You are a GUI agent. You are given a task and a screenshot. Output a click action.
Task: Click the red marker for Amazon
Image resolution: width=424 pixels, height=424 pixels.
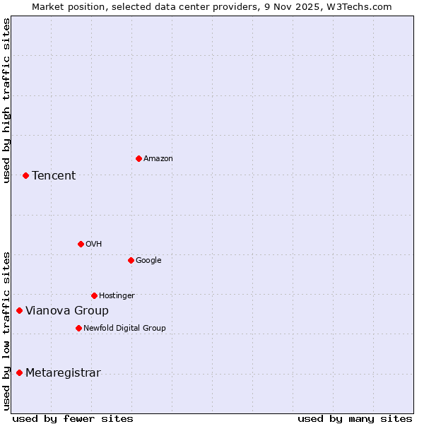(x=139, y=158)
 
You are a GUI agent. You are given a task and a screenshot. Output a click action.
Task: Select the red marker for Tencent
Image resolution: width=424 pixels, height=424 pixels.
(x=25, y=175)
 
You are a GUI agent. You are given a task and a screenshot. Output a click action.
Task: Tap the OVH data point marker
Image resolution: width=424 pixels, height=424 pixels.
(x=81, y=244)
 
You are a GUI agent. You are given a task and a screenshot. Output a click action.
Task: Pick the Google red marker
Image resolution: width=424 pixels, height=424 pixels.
(x=131, y=260)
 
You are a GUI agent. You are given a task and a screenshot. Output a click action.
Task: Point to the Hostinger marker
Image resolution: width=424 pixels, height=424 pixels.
(x=94, y=295)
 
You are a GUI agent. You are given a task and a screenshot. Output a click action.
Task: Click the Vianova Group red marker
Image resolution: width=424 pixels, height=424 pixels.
(x=19, y=310)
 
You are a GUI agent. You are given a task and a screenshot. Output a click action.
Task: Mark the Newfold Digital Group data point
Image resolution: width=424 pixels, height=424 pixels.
(x=78, y=328)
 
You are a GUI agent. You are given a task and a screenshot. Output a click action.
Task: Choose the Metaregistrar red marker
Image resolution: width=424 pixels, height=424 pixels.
(x=19, y=372)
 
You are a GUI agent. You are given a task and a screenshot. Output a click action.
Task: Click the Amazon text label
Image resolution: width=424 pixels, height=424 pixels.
(x=158, y=159)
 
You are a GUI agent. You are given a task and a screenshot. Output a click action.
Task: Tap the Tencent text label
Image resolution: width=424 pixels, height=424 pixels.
(x=54, y=176)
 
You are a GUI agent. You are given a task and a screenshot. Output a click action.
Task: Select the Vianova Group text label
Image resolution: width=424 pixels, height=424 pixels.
(x=67, y=311)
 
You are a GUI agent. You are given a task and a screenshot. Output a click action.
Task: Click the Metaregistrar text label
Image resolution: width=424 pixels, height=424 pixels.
(x=63, y=373)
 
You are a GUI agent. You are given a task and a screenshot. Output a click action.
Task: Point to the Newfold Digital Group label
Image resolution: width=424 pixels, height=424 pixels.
(x=124, y=328)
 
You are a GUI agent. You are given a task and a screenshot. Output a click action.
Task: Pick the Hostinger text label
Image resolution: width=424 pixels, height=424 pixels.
(x=117, y=295)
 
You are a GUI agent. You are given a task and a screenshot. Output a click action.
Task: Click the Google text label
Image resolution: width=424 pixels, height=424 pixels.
(x=148, y=261)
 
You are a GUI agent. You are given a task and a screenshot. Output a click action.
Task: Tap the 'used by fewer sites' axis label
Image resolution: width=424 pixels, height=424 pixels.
(x=73, y=418)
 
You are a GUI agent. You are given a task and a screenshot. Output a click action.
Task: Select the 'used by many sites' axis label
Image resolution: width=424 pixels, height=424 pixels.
(x=355, y=418)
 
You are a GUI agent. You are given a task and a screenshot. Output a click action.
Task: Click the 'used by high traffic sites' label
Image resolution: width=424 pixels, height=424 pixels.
(x=6, y=100)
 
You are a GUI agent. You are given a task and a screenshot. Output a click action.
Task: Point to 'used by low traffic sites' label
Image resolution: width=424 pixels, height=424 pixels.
(x=6, y=330)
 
